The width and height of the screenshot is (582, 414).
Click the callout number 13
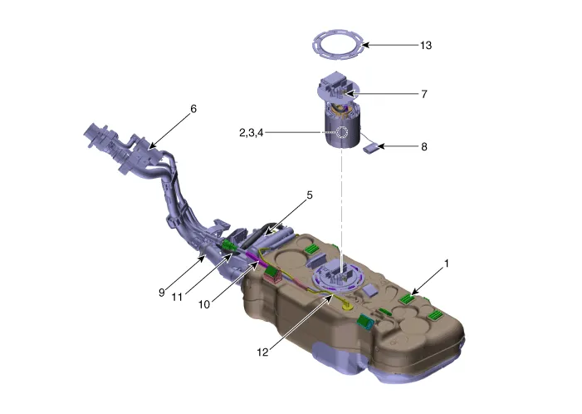click(x=426, y=46)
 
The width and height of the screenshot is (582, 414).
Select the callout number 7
click(x=424, y=94)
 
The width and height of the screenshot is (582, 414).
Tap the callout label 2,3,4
click(x=252, y=133)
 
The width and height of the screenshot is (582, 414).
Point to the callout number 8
click(x=424, y=147)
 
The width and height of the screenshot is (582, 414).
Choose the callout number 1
click(x=447, y=264)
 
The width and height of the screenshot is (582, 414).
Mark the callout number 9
click(x=161, y=293)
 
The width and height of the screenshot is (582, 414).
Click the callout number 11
click(x=177, y=298)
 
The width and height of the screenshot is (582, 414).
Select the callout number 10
click(x=204, y=305)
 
